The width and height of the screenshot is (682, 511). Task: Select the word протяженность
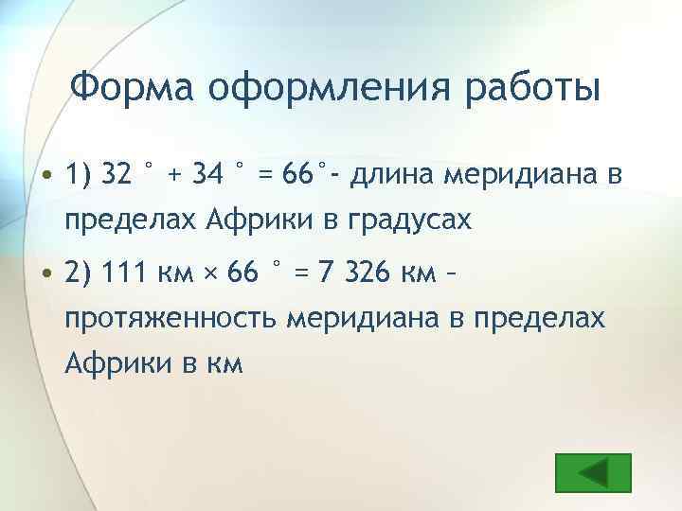pos(171,320)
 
